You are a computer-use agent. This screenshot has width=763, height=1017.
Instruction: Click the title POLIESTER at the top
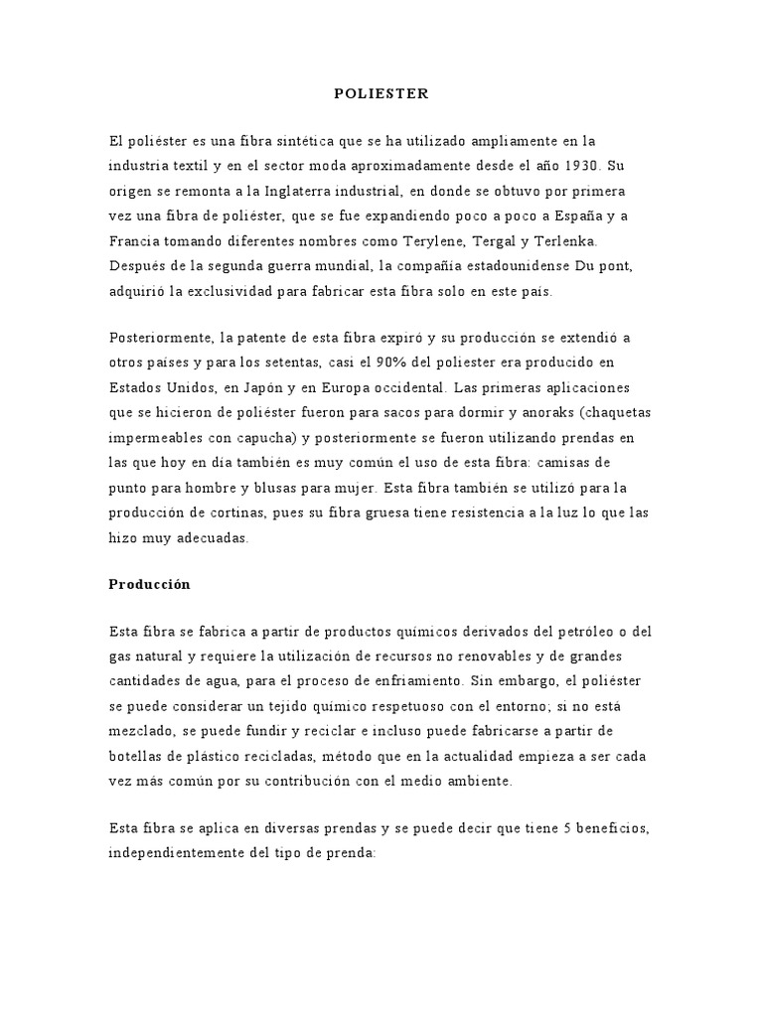tap(381, 93)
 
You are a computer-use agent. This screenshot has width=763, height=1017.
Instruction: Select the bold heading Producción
tap(149, 584)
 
